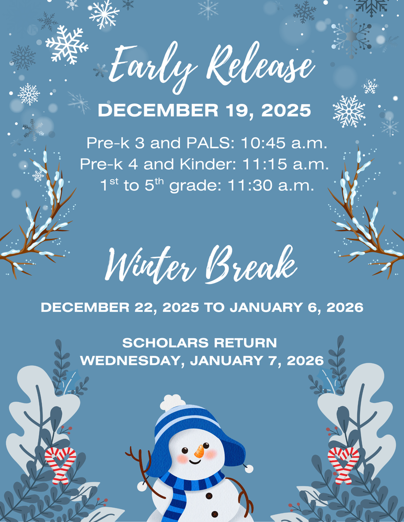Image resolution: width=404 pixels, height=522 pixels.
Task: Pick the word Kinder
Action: [209, 163]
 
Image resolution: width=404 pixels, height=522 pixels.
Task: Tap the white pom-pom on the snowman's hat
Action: [173, 402]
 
